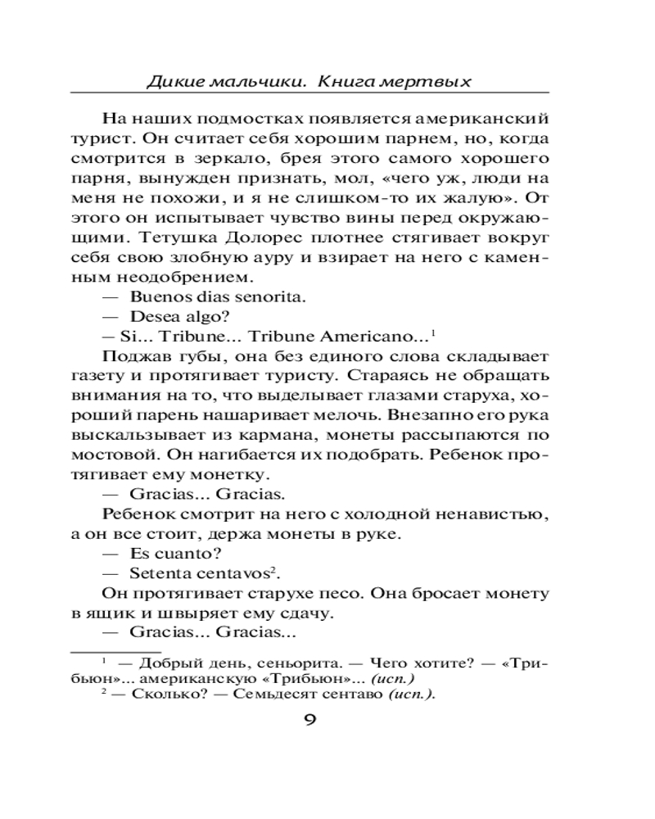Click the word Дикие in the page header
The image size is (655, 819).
pyautogui.click(x=173, y=82)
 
